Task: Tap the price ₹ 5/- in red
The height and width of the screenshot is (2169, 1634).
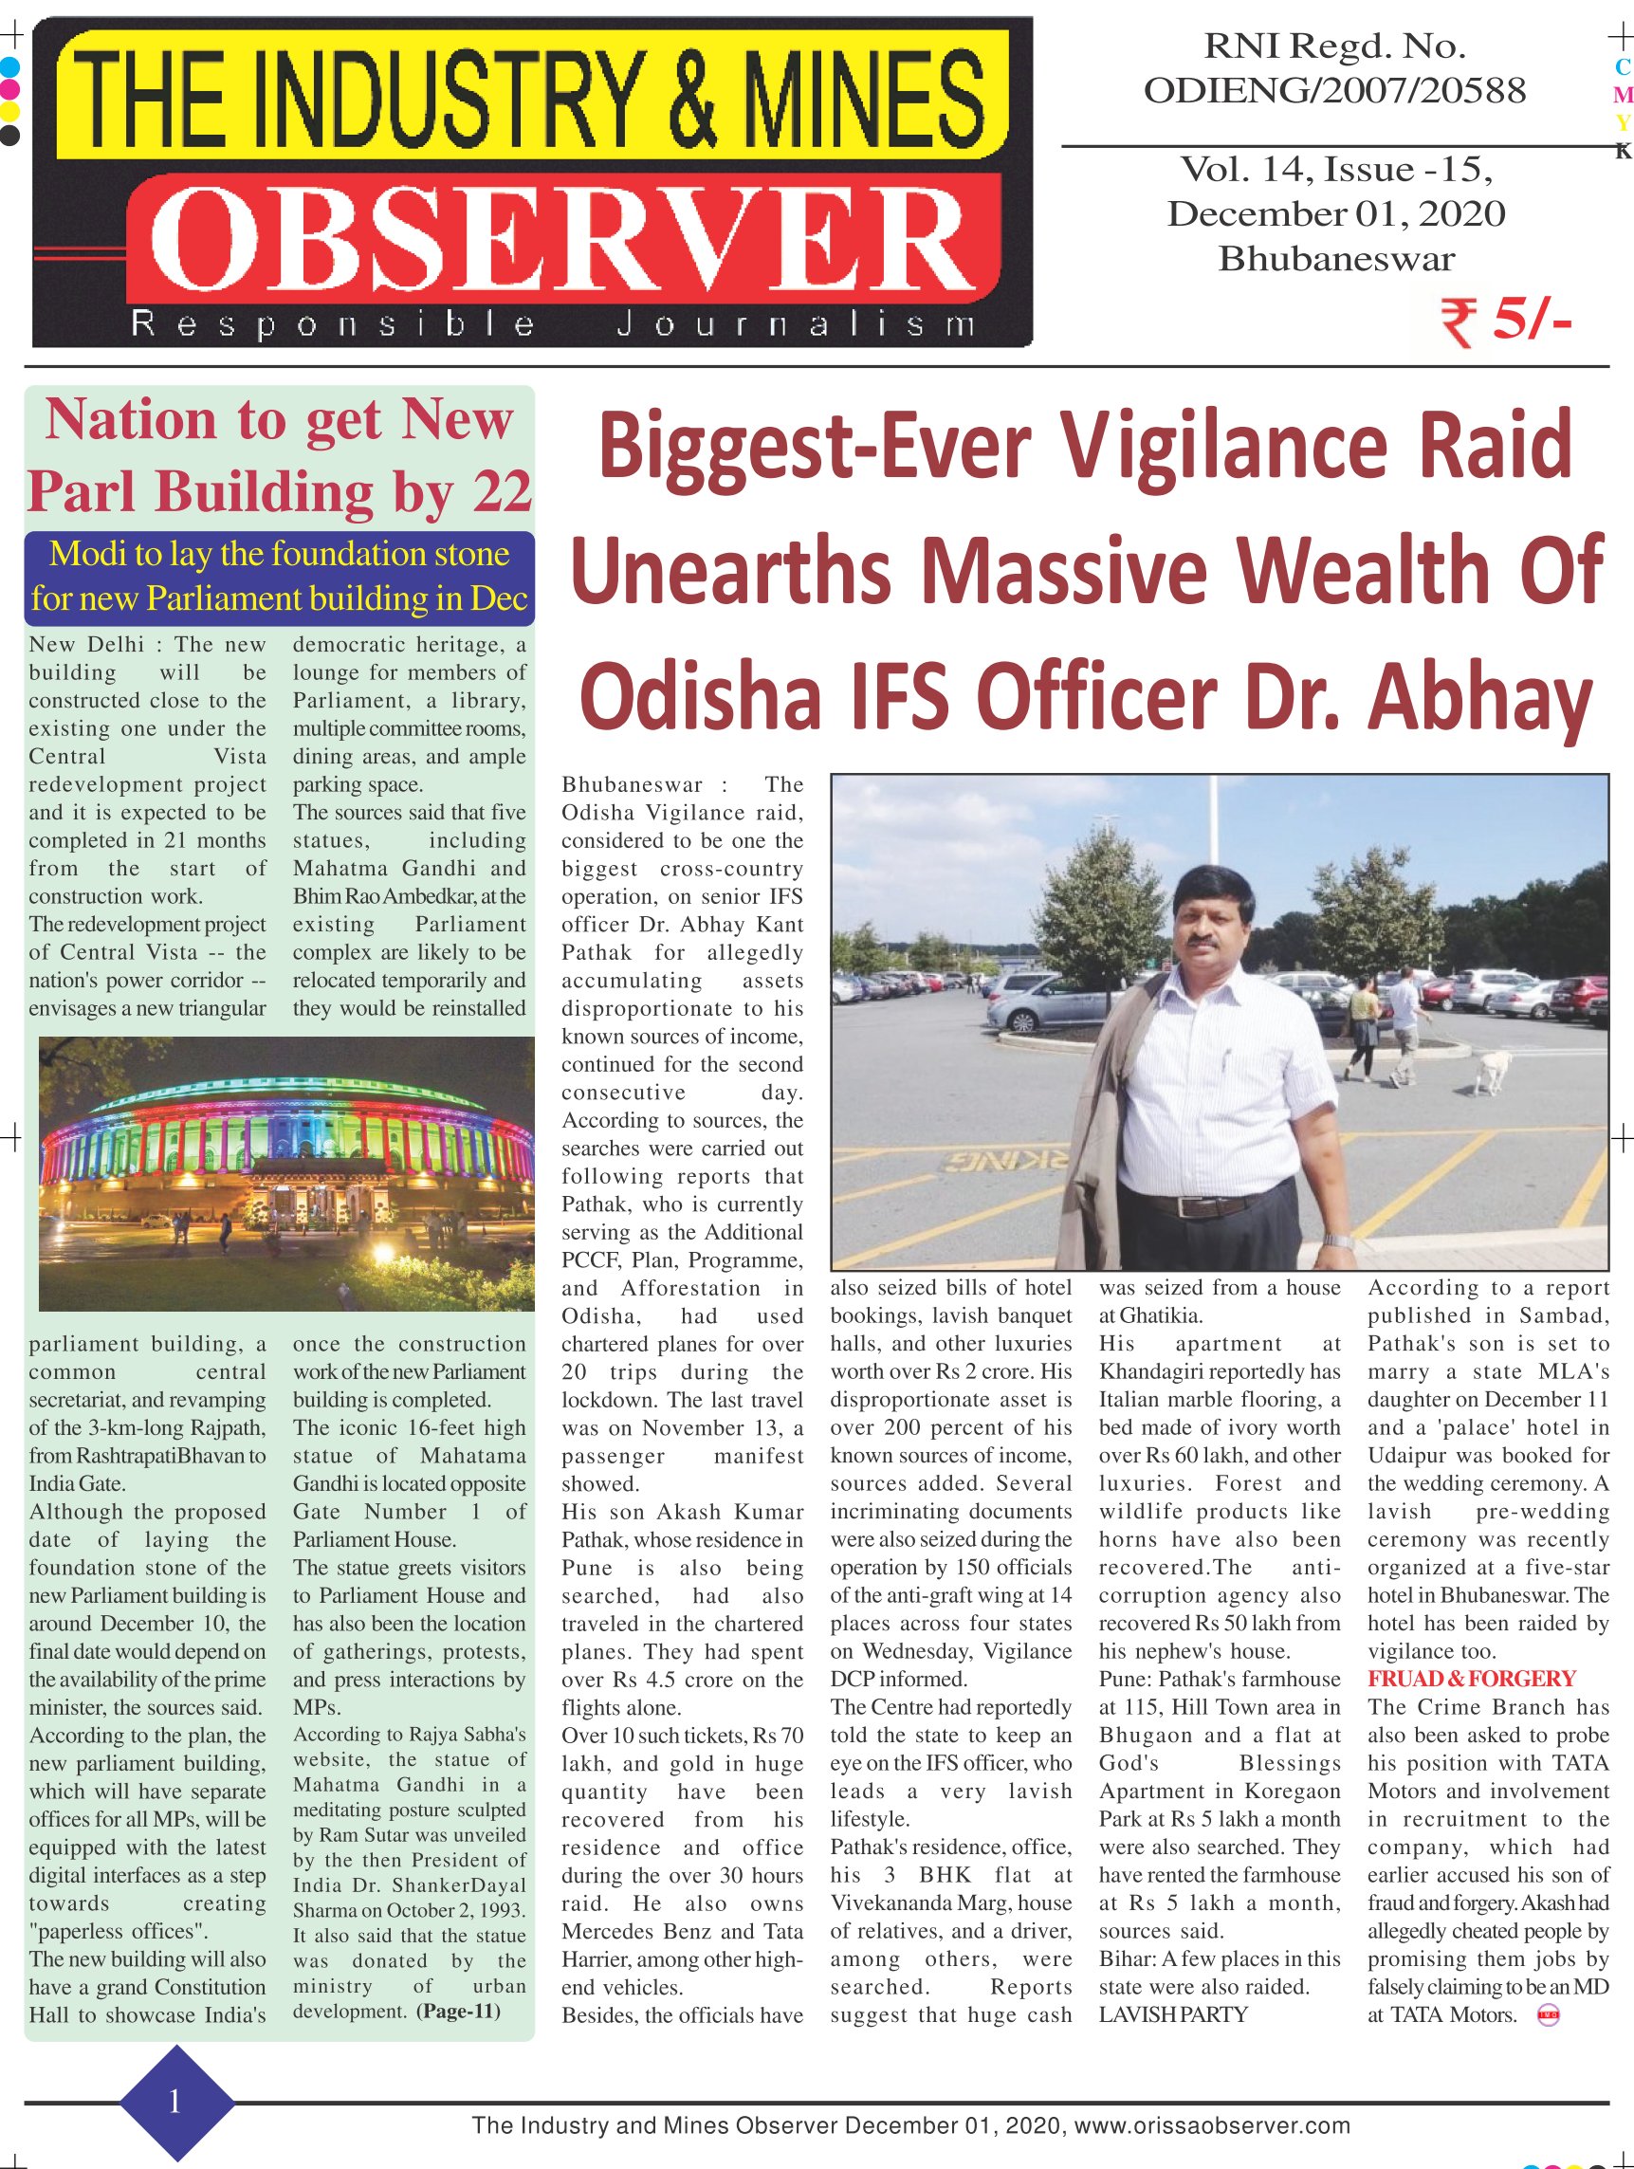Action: pos(1506,321)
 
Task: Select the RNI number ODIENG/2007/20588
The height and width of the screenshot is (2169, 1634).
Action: pos(1335,90)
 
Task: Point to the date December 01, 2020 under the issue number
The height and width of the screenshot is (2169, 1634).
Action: pos(1336,212)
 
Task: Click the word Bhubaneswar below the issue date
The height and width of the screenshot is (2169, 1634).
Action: pos(1336,258)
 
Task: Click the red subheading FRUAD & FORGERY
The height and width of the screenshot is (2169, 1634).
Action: pos(1471,1678)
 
